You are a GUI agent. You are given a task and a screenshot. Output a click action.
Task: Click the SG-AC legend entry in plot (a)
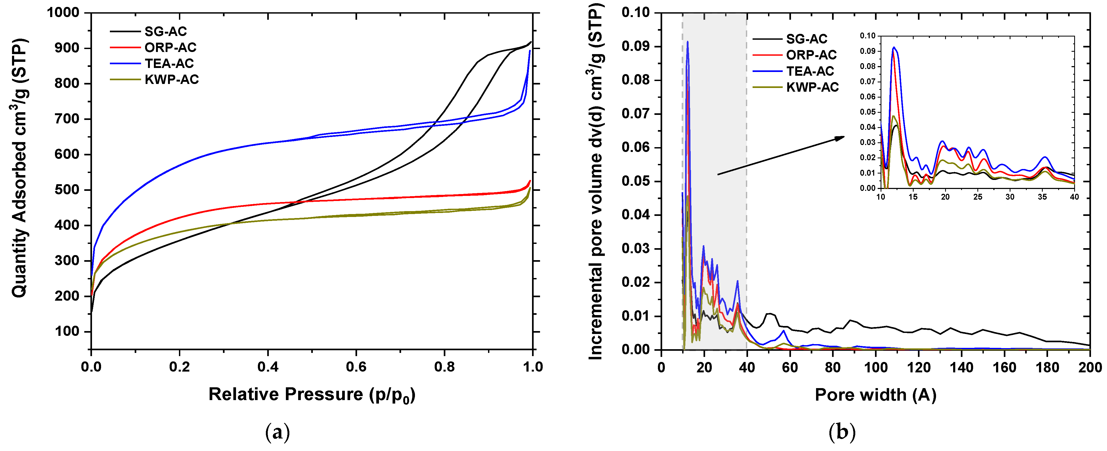165,31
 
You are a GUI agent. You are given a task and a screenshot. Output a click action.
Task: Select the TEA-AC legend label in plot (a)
169,63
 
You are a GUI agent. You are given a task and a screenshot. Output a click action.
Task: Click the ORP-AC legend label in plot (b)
811,55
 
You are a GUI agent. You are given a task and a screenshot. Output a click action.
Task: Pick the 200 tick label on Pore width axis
1090,368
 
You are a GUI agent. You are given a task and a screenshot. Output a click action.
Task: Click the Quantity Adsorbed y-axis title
20,167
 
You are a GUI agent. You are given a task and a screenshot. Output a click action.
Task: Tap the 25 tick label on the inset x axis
978,197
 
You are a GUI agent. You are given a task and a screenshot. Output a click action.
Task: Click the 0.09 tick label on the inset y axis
868,51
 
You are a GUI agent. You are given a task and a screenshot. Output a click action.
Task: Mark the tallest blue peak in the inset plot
894,47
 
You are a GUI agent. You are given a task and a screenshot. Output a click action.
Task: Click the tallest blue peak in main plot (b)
688,42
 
